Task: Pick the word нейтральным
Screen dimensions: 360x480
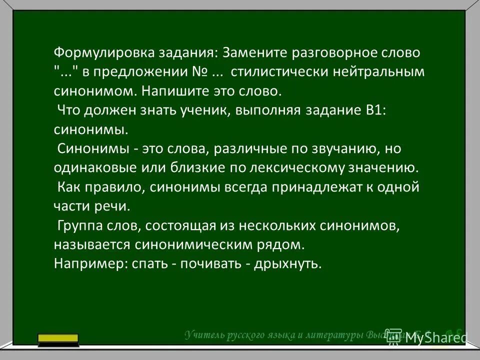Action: click(380, 72)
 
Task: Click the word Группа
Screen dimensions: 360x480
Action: click(80, 226)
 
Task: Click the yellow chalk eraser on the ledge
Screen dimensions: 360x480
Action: click(58, 339)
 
